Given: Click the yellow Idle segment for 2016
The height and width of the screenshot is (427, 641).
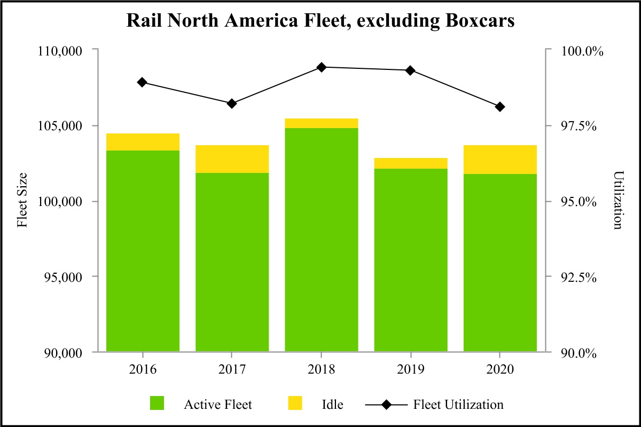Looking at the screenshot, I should click(x=143, y=142).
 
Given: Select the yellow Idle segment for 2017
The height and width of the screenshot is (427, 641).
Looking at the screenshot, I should click(x=232, y=159).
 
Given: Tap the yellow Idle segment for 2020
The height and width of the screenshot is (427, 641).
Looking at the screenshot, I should click(x=500, y=160).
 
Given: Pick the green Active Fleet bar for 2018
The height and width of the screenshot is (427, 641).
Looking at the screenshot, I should click(x=321, y=240).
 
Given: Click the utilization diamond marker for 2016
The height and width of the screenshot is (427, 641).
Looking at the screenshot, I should click(x=142, y=82).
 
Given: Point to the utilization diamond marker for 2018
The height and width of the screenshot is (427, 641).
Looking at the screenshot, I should click(x=321, y=67).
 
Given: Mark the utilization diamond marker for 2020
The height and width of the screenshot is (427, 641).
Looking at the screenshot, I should click(x=500, y=107).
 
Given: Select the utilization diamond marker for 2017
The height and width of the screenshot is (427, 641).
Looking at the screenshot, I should click(x=232, y=104).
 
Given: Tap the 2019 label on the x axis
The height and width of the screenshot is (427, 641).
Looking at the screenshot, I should click(x=410, y=370).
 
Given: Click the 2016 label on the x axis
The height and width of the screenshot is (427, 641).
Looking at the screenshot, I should click(x=142, y=370).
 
